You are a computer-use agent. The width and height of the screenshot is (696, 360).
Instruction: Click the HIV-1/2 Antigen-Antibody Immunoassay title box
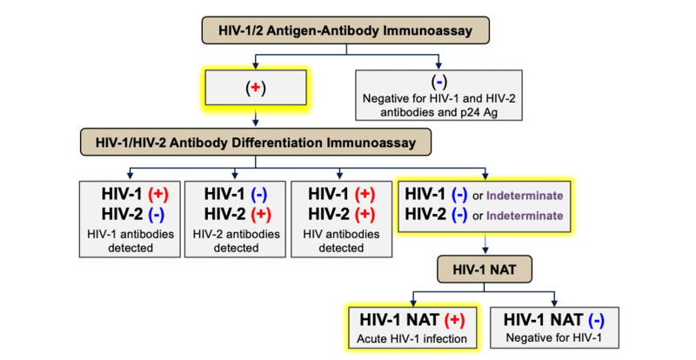tap(347, 32)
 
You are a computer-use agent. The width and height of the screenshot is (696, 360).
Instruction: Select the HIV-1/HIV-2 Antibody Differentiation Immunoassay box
tap(255, 141)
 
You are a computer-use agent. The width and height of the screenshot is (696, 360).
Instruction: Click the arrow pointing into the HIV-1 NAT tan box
tap(485, 250)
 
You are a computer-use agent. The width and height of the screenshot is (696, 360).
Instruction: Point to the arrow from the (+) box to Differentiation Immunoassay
tap(254, 117)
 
